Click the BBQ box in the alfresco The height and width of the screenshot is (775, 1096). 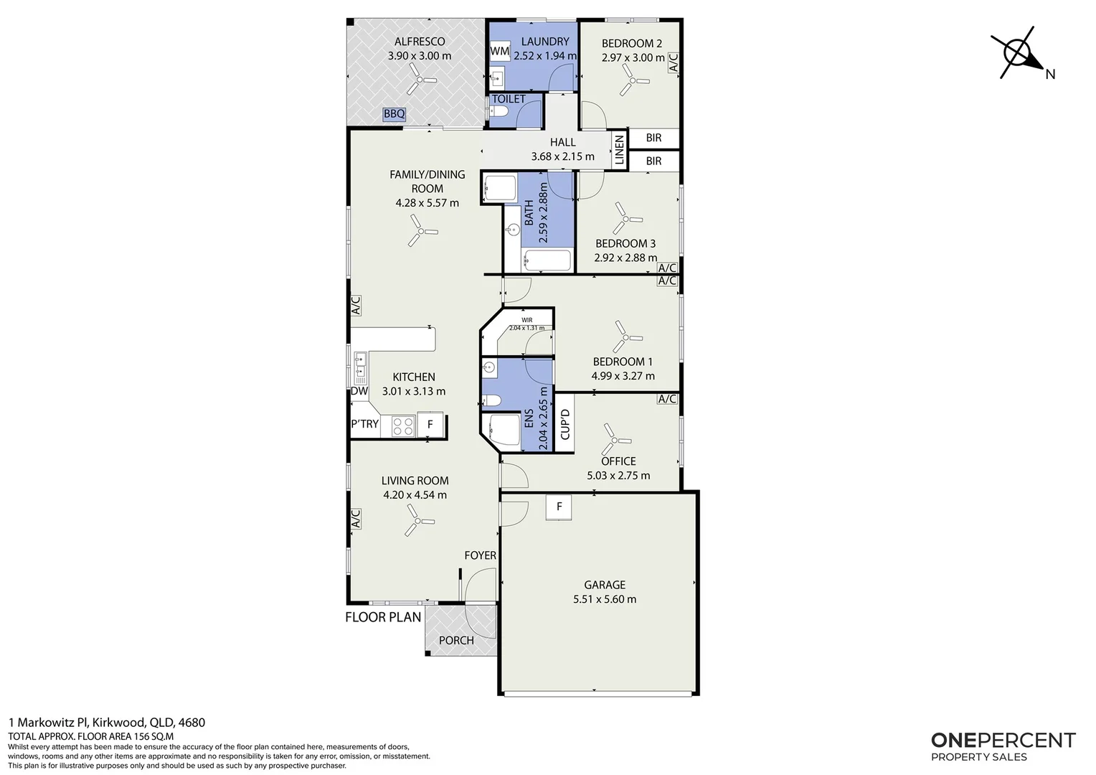point(394,114)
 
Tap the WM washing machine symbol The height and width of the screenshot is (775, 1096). point(499,51)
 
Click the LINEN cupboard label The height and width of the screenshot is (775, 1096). point(620,150)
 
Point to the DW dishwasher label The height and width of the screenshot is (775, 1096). point(359,391)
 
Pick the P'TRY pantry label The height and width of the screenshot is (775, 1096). point(365,424)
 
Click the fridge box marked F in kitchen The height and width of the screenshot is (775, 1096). point(430,424)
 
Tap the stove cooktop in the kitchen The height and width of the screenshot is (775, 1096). point(403,426)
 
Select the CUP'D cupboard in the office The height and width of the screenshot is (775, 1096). point(564,424)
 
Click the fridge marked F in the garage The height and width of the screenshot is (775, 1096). point(559,507)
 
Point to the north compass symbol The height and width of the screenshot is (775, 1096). point(1020,55)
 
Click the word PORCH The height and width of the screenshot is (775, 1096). point(456,640)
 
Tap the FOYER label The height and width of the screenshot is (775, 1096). point(480,555)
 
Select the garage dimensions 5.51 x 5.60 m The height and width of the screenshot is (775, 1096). point(605,599)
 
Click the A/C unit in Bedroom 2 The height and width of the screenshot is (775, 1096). point(674,62)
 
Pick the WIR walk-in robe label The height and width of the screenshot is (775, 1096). point(527,320)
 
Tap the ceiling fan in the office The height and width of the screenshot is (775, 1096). point(615,439)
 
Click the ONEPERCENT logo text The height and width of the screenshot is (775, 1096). point(1003,741)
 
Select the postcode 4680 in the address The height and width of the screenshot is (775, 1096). point(192,722)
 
